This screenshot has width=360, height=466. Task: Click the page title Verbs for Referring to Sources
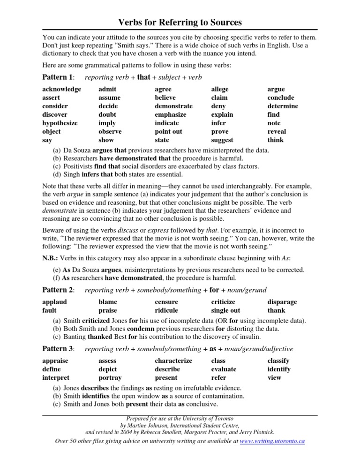pyautogui.click(x=180, y=22)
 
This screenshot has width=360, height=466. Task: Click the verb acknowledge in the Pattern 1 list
pyautogui.click(x=61, y=89)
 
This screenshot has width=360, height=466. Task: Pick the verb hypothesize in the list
pyautogui.click(x=60, y=123)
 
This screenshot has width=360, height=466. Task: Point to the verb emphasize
pyautogui.click(x=170, y=114)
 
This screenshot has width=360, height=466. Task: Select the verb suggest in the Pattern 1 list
pyautogui.click(x=222, y=140)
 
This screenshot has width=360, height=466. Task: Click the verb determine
pyautogui.click(x=283, y=106)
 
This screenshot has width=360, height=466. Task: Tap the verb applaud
pyautogui.click(x=54, y=302)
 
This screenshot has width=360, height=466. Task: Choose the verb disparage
pyautogui.click(x=282, y=302)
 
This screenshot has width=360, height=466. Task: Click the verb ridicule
pyautogui.click(x=167, y=310)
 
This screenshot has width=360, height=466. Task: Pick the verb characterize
pyautogui.click(x=173, y=361)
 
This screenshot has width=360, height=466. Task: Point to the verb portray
pyautogui.click(x=110, y=377)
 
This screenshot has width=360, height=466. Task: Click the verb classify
pyautogui.click(x=278, y=361)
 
